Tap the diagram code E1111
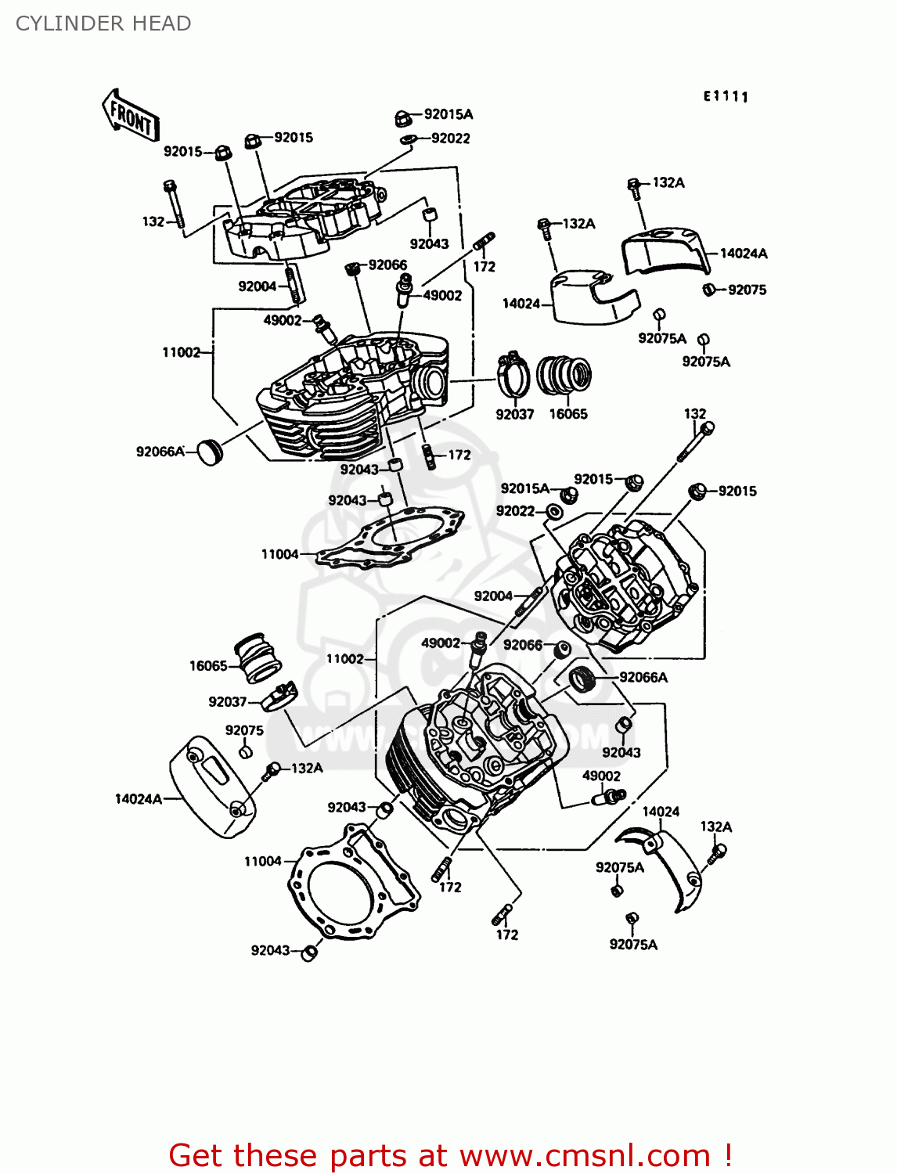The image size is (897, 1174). pos(726,96)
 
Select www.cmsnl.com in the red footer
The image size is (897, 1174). pos(584,1155)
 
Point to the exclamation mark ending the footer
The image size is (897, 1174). pos(728,1155)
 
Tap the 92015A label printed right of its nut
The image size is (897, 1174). pos(448,114)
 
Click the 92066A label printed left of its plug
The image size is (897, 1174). pos(160,452)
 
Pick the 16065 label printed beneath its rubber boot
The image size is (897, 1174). pos(568,414)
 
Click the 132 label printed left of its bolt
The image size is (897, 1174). pos(153,221)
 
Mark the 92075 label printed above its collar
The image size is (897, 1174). pos(244,730)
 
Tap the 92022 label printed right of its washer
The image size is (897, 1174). pos(451,139)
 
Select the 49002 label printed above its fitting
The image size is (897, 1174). pos(601,776)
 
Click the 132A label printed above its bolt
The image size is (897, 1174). pos(716,826)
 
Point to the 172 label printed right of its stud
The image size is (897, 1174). pos(459,455)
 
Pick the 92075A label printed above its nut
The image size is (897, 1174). pos(620,867)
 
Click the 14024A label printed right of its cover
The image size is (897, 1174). pos(744,253)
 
